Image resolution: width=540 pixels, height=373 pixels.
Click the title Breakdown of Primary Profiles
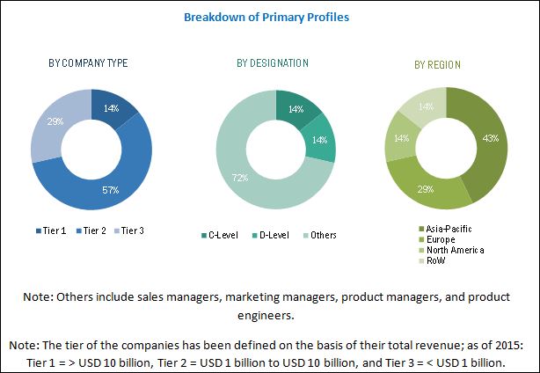click(x=269, y=16)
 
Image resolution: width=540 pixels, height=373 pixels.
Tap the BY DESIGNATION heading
click(x=272, y=63)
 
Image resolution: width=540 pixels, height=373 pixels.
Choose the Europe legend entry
click(x=439, y=238)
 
